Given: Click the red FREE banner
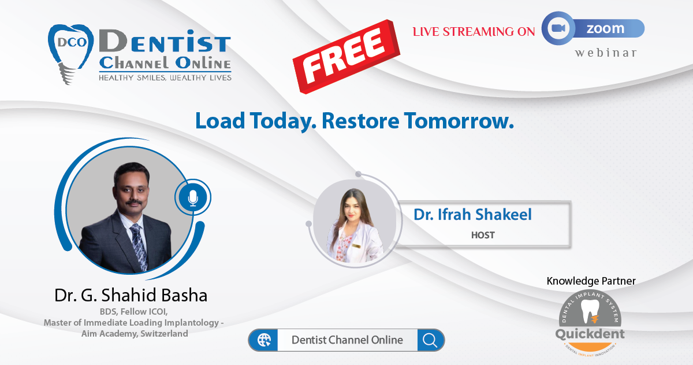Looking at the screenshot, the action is coord(346,56).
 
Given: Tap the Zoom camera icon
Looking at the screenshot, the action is coord(558,28).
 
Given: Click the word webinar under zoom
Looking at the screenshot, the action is coord(605,53).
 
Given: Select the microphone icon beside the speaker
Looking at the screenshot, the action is coord(193,198).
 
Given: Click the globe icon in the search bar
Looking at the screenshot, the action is coord(264,340).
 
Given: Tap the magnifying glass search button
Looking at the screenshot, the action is coord(430,340).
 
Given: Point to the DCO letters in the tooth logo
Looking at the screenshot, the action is coord(72,42).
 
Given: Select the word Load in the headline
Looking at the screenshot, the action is coord(220,120).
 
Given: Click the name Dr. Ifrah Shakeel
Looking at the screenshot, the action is coord(473,215).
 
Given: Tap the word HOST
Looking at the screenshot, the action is coord(483,235).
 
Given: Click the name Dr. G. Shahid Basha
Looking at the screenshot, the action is coord(131,295).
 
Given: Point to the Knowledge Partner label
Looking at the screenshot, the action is coord(591,281).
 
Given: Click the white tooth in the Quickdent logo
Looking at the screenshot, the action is coord(590,311).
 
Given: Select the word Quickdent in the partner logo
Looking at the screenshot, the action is coord(590,334).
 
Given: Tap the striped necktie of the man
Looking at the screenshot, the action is coord(139,246).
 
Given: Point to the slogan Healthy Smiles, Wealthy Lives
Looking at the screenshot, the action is coord(165,78).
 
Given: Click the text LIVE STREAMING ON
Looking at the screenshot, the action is coord(474,32).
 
